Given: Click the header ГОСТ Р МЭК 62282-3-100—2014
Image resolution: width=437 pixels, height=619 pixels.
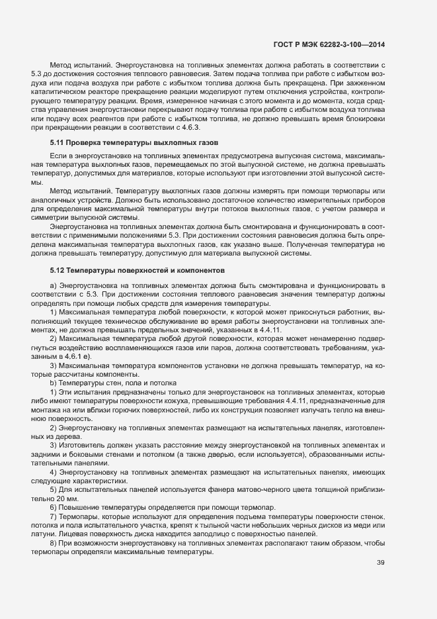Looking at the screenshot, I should click(329, 44).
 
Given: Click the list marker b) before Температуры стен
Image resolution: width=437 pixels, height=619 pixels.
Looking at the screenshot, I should click(53, 383).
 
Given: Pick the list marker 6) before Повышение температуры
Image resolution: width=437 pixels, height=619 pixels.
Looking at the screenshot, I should click(53, 507).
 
